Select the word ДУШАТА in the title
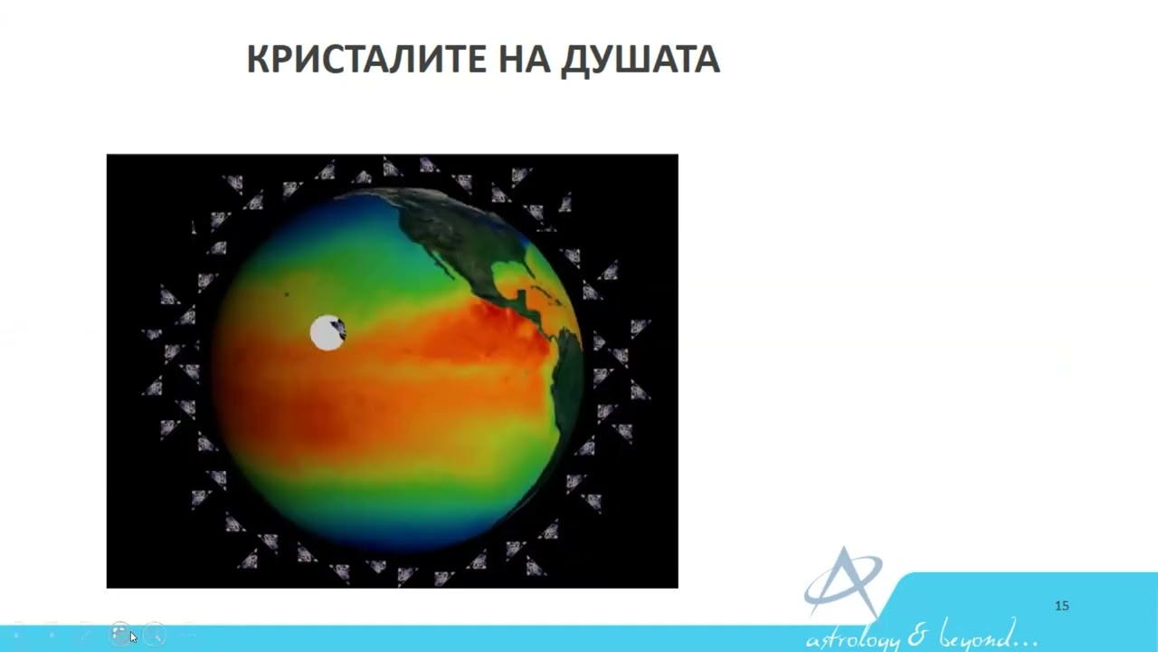pyautogui.click(x=641, y=60)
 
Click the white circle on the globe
pyautogui.click(x=326, y=333)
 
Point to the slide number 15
pyautogui.click(x=1062, y=606)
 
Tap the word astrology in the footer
pyautogui.click(x=857, y=636)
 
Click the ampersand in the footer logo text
pyautogui.click(x=921, y=633)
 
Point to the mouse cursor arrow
pyautogui.click(x=133, y=637)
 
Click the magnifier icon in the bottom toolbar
pyautogui.click(x=155, y=634)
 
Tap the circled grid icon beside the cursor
pyautogui.click(x=119, y=634)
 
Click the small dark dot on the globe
pyautogui.click(x=287, y=294)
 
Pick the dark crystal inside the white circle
pyautogui.click(x=338, y=329)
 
